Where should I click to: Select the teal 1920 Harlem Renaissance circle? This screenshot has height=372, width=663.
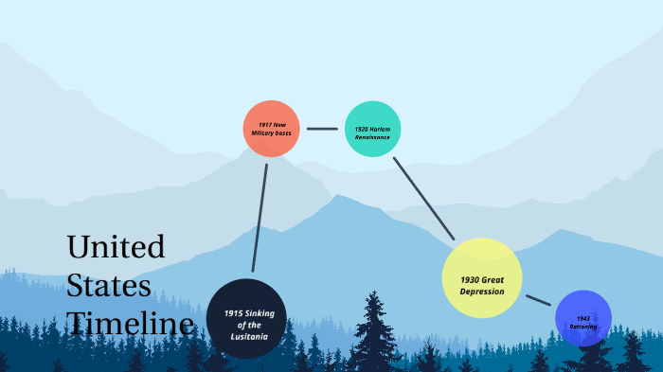(373, 129)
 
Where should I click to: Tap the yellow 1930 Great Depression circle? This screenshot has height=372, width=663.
(482, 277)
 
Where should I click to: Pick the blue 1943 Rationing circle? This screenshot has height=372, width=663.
(582, 318)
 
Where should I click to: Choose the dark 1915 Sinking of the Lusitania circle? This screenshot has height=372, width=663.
(245, 319)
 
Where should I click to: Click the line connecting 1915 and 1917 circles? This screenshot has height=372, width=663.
(260, 218)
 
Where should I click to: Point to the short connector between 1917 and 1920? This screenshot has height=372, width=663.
(322, 129)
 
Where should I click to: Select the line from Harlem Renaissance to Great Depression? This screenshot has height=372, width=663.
(423, 198)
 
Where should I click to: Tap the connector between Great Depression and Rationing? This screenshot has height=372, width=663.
(538, 300)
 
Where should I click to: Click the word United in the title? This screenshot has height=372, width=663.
(116, 248)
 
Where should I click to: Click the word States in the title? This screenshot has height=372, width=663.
(109, 286)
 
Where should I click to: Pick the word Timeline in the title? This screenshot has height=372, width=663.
(131, 324)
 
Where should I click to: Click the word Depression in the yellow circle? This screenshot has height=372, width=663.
(482, 291)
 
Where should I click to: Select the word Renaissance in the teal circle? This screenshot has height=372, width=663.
(372, 137)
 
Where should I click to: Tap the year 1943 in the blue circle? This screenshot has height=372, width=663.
(582, 318)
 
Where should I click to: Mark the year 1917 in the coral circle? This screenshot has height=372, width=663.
(264, 124)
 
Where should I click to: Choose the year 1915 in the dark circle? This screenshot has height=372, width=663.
(233, 313)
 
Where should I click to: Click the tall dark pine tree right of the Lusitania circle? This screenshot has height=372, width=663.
(374, 331)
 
